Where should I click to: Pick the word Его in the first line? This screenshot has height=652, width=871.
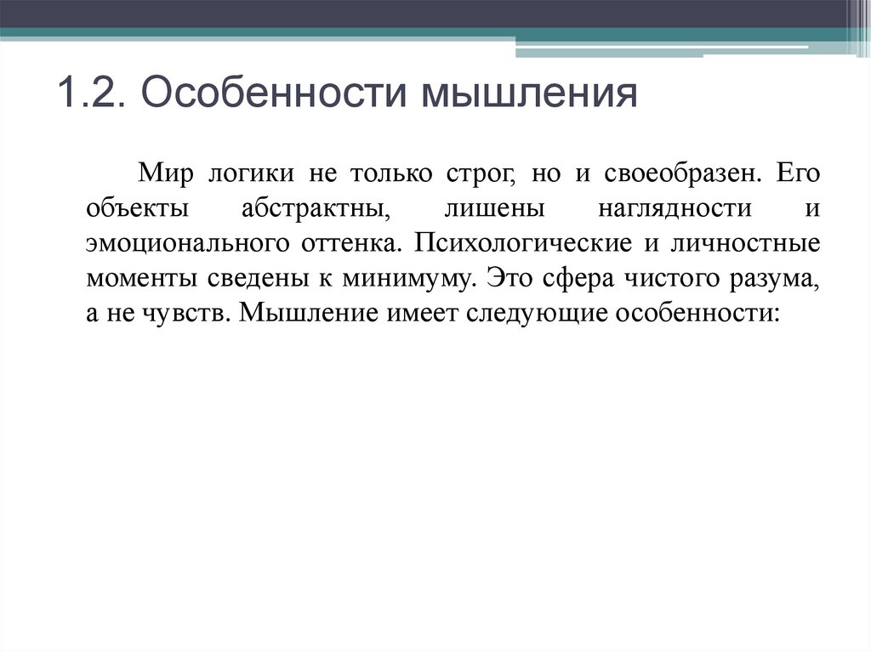798,174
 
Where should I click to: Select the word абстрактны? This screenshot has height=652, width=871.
315,208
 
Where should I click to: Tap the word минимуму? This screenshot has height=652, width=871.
404,278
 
